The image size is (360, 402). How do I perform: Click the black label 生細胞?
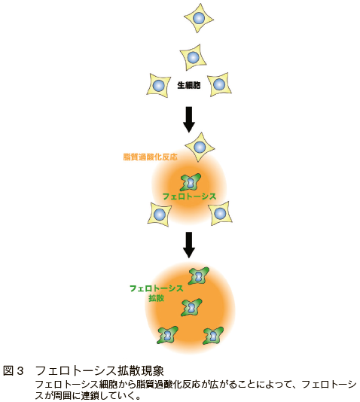(189, 85)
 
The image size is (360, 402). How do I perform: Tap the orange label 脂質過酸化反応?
(151, 157)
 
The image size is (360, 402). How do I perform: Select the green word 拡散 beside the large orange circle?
(156, 298)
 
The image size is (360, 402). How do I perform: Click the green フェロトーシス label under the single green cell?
(189, 196)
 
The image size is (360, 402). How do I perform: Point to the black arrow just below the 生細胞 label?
(189, 120)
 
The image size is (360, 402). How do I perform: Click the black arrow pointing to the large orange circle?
(189, 245)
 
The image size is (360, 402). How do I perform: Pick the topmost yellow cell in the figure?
(199, 18)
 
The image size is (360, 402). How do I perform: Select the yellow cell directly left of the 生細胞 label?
(159, 85)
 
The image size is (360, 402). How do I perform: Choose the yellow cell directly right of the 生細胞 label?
(219, 84)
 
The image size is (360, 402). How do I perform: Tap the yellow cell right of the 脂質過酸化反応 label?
(200, 147)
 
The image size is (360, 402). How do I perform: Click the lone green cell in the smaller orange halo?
(190, 182)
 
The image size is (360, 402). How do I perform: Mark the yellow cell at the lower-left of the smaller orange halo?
(160, 215)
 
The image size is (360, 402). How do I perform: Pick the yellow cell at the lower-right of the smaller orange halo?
(220, 213)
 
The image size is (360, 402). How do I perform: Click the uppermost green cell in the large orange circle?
(199, 276)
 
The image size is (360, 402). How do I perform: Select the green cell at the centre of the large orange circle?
(191, 308)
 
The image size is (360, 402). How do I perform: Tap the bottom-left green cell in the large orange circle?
(168, 335)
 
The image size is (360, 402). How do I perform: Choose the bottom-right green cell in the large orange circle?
(213, 336)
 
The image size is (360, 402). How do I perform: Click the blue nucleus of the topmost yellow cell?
(199, 18)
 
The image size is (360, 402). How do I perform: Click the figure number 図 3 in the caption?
(14, 371)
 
